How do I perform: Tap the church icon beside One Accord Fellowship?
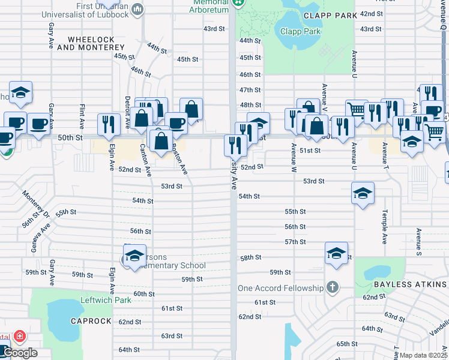click(333, 288)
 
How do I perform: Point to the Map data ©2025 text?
click(423, 355)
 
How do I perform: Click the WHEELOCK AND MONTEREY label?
click(96, 43)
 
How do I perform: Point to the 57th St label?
click(295, 242)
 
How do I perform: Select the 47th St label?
click(250, 90)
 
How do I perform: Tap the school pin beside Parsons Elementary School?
click(135, 254)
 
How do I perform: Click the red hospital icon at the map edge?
click(19, 335)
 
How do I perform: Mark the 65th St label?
click(347, 344)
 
